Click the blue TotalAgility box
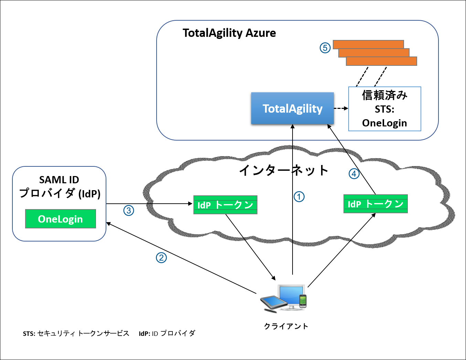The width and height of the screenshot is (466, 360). [292, 108]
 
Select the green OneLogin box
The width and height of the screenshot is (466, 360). [61, 219]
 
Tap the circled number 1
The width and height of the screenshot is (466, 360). [299, 197]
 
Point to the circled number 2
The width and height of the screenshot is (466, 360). [161, 258]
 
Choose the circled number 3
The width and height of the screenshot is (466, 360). [129, 210]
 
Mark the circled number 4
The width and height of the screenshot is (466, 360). [354, 174]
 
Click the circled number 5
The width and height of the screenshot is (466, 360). [325, 48]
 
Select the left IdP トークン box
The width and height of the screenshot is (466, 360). [225, 205]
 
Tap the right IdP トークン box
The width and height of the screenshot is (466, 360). [375, 204]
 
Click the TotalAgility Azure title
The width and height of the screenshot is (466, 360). [229, 33]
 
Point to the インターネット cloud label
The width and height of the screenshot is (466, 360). [284, 170]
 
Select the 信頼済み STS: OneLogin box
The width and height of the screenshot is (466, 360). [384, 109]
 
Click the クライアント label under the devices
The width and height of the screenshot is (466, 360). [286, 326]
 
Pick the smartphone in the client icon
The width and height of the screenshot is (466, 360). [303, 301]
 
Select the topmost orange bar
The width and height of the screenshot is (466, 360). [368, 44]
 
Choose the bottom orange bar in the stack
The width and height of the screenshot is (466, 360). [381, 61]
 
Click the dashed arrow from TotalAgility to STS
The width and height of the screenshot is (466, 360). [341, 109]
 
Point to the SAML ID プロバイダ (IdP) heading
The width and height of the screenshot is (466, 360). [60, 186]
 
